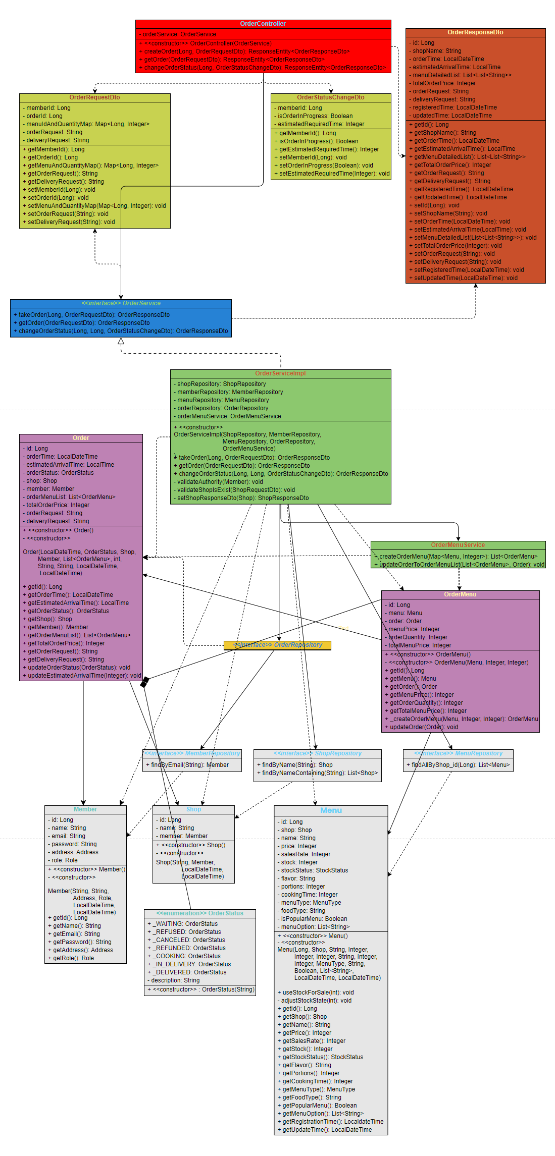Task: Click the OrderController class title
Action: [x=263, y=24]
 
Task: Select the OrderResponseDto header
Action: [x=475, y=32]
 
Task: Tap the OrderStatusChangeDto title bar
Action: [x=330, y=97]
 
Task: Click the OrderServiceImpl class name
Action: [x=280, y=373]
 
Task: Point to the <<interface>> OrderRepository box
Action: [x=277, y=645]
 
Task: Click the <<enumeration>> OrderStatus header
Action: [x=199, y=913]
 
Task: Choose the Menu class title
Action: [x=331, y=810]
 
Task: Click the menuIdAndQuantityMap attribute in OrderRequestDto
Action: [x=88, y=124]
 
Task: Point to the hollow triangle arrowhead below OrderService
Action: [x=121, y=342]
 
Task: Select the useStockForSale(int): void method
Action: [x=318, y=993]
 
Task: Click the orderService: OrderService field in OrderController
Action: [x=179, y=34]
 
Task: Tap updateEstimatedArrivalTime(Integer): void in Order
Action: [x=84, y=676]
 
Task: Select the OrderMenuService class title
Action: [x=458, y=545]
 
